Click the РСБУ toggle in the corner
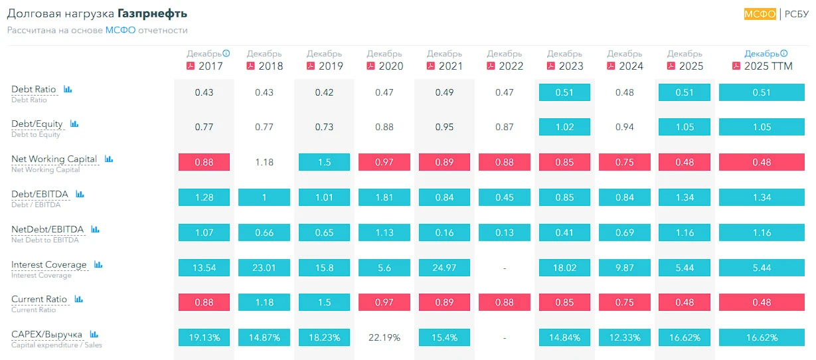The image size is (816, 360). point(797,14)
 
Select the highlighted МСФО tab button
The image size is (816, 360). point(760,14)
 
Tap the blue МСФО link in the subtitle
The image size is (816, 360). point(120,31)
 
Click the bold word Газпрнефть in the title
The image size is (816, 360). point(152,13)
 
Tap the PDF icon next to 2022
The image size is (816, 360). point(491,66)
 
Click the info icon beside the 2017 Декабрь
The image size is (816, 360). point(226,53)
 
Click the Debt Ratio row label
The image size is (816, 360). point(33,89)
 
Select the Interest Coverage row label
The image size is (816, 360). point(49,264)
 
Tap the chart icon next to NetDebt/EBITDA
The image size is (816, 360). point(95,229)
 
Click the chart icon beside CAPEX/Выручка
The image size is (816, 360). point(94,334)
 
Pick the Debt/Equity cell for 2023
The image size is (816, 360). point(564,127)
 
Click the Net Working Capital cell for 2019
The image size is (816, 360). point(324,162)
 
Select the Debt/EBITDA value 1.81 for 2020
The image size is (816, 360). point(384,197)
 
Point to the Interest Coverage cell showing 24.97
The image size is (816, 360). point(444,268)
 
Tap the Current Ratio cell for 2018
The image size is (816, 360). point(264,302)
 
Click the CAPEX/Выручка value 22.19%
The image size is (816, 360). point(384,337)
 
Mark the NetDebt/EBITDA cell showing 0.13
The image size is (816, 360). point(505,232)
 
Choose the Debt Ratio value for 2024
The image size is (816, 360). point(625,92)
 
